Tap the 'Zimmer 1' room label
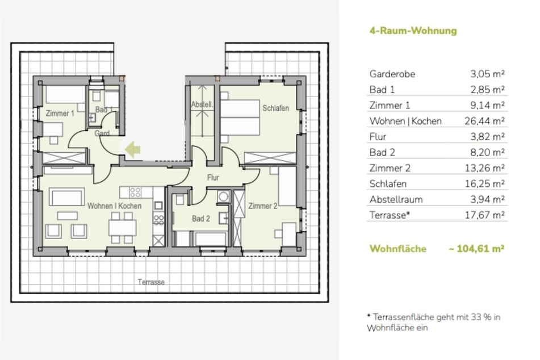click(x=60, y=114)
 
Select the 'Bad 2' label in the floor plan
click(x=201, y=219)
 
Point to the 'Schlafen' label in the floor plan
click(x=276, y=108)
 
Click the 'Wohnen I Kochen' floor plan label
click(x=114, y=206)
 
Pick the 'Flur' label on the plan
click(x=213, y=178)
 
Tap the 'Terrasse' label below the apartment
click(x=151, y=282)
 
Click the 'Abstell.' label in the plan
click(x=202, y=105)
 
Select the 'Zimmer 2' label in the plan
click(x=262, y=206)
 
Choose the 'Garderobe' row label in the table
click(x=392, y=74)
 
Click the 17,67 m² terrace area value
click(x=487, y=215)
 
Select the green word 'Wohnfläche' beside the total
click(x=397, y=249)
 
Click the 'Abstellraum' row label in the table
click(x=396, y=199)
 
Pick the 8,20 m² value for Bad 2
click(x=488, y=152)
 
